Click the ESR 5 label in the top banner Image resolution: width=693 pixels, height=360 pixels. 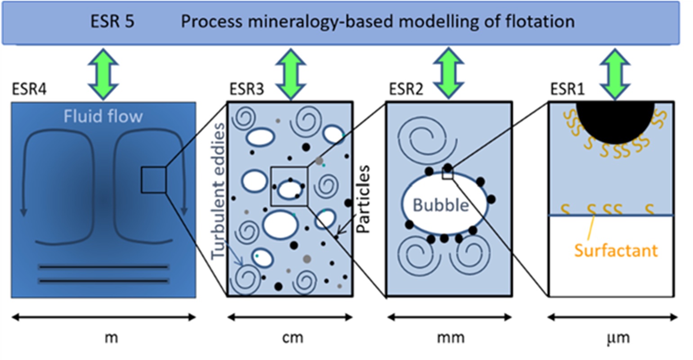[112, 22]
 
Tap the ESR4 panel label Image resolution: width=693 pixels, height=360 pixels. [29, 89]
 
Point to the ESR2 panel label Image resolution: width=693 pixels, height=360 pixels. [406, 89]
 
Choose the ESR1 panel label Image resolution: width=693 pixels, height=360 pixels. [567, 89]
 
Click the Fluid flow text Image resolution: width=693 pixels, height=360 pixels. [103, 117]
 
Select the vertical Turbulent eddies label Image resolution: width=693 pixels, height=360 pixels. [219, 191]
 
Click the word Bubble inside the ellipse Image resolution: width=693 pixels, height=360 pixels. [441, 205]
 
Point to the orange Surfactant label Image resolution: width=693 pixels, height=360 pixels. [616, 250]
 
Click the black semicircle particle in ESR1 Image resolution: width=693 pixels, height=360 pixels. [615, 119]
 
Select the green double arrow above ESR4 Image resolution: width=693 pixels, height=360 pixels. [103, 74]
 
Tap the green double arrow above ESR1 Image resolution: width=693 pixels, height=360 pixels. [615, 74]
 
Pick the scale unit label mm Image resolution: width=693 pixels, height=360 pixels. [451, 337]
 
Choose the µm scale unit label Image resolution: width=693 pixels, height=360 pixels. [618, 337]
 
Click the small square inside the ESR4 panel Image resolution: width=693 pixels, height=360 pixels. [154, 180]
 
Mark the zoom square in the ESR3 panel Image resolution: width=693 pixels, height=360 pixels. [289, 186]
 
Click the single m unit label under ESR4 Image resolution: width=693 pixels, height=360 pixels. [111, 337]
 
